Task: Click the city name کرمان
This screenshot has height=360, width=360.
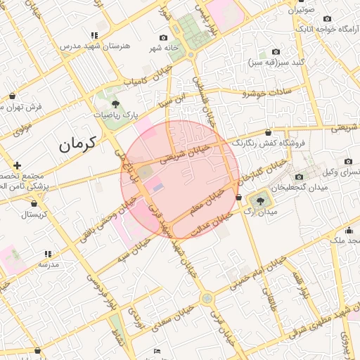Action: tap(77, 145)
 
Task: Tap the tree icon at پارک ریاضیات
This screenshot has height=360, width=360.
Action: tap(115, 104)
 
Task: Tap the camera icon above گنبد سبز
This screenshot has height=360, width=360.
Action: tap(276, 51)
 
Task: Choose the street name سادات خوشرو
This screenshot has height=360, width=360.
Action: tap(266, 92)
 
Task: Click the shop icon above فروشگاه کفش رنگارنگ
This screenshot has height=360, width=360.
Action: tap(269, 132)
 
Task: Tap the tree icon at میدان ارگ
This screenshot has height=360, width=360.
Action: tap(261, 200)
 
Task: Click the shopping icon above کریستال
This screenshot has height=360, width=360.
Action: tap(34, 204)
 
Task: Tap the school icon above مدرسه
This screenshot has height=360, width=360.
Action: tap(48, 254)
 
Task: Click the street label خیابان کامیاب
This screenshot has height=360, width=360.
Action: tap(145, 82)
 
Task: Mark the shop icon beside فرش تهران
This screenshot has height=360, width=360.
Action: tap(13, 96)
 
